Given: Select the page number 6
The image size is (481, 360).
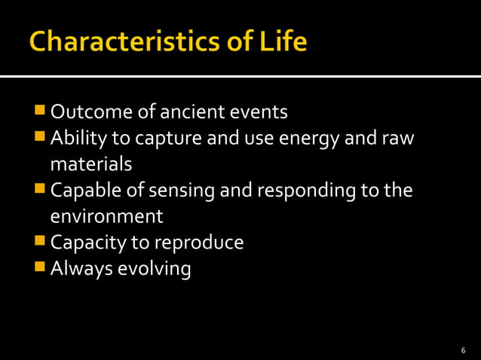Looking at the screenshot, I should tap(463, 350).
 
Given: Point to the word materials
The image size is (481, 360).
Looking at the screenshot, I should tap(90, 165).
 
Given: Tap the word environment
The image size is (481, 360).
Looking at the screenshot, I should tap(106, 217).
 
